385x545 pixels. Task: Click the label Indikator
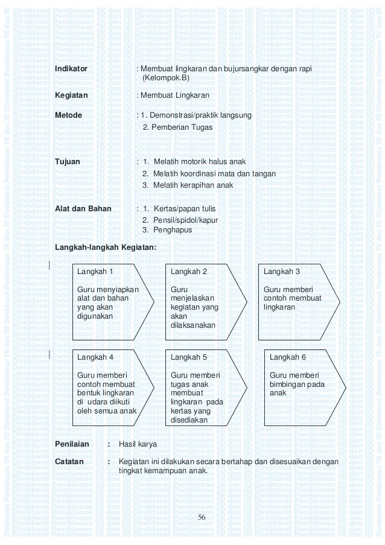[71, 69]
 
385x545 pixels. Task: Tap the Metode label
[68, 115]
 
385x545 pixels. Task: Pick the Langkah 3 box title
[282, 272]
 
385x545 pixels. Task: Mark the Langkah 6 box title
[287, 357]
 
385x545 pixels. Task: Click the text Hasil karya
[138, 444]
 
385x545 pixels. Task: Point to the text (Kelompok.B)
[165, 78]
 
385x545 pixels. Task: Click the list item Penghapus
[166, 230]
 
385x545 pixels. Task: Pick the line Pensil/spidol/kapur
[180, 220]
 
